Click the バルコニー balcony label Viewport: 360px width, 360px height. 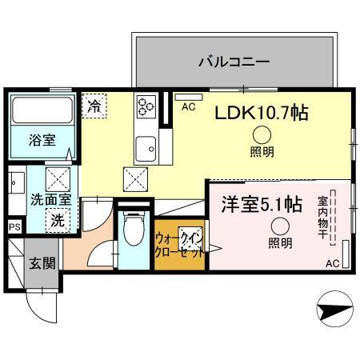[234, 61]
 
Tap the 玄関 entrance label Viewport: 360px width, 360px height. [42, 262]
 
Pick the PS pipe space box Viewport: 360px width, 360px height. [14, 226]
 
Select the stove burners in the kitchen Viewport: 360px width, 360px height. [146, 106]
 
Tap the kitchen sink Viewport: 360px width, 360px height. [145, 148]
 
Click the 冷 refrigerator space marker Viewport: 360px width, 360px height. [95, 104]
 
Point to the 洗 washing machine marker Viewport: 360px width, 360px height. [58, 218]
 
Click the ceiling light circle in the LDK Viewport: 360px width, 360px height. [262, 136]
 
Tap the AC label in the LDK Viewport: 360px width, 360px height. [190, 105]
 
